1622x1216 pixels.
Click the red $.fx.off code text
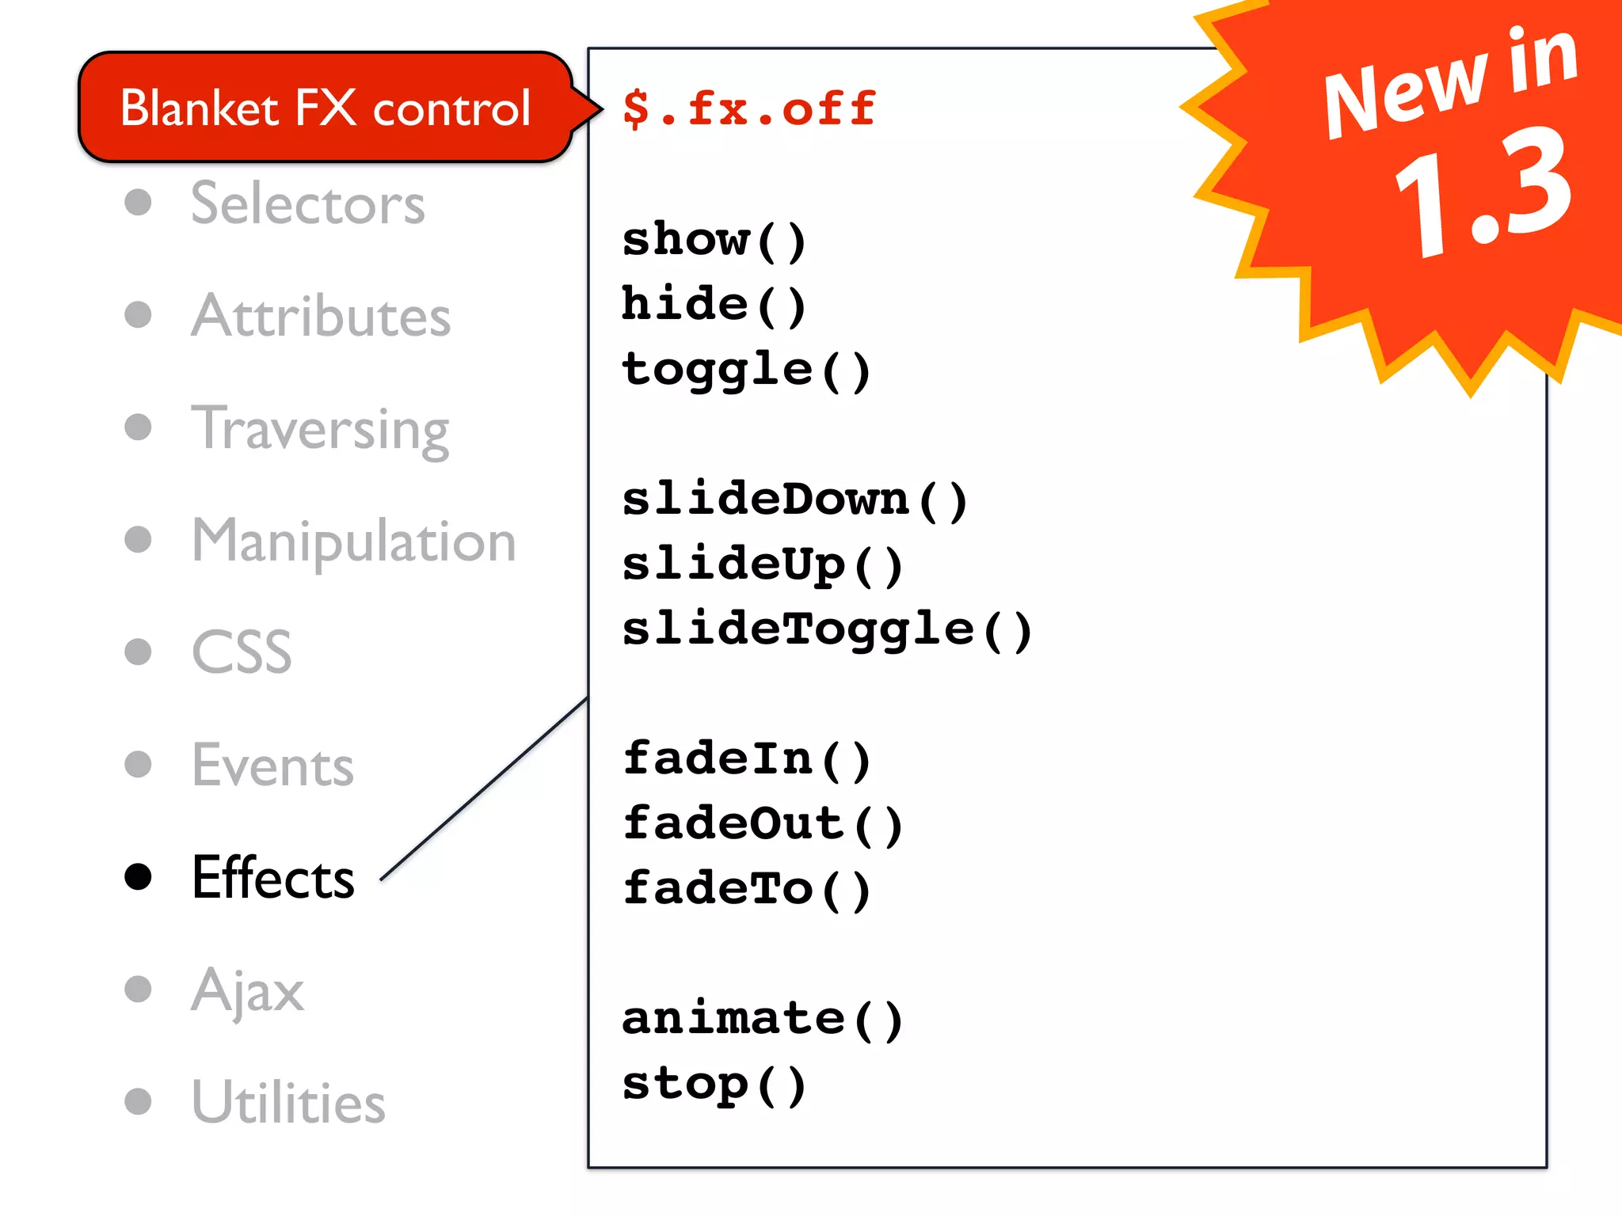click(x=748, y=108)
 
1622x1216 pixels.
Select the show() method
click(x=714, y=239)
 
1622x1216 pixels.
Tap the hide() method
click(x=714, y=305)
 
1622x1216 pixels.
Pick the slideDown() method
click(x=794, y=500)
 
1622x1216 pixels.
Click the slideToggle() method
click(x=827, y=629)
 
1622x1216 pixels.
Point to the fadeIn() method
click(x=746, y=759)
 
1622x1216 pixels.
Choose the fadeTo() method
click(x=746, y=888)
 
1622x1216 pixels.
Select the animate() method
click(x=762, y=1019)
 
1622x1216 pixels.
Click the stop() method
click(x=714, y=1084)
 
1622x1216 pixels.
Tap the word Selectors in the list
click(x=308, y=203)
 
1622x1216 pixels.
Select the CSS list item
click(x=242, y=652)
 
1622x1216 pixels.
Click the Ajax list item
click(x=248, y=990)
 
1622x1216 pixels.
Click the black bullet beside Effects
click(x=139, y=876)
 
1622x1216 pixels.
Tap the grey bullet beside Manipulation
click(x=139, y=540)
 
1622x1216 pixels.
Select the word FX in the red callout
click(x=325, y=108)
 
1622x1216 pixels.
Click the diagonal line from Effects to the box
click(x=484, y=789)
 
